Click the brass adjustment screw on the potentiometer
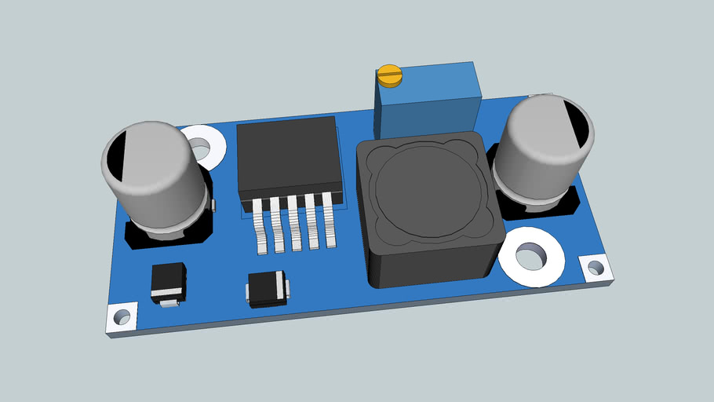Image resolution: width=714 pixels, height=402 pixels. (389, 75)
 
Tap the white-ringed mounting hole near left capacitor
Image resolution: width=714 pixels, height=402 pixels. (202, 146)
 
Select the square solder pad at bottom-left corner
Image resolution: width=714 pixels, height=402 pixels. (122, 317)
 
